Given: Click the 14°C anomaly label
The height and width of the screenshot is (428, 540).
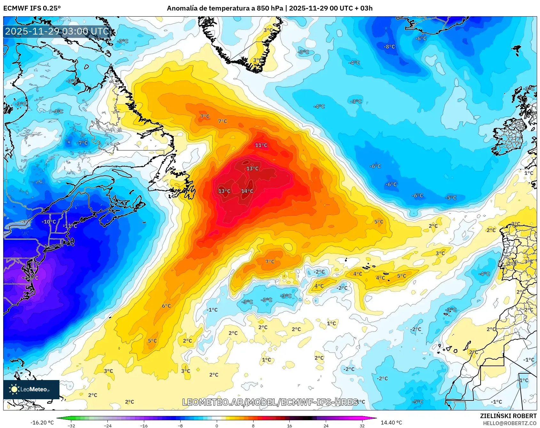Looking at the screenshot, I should click(x=247, y=191).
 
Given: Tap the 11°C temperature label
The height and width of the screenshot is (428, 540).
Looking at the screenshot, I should click(x=261, y=145).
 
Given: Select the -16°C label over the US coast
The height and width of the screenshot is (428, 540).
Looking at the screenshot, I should click(x=31, y=278).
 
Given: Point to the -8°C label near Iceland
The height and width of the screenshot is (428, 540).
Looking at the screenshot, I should click(x=389, y=47).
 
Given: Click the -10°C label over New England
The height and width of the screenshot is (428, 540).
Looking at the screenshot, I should click(x=49, y=222).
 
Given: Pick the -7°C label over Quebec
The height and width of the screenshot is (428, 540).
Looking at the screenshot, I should click(x=82, y=143).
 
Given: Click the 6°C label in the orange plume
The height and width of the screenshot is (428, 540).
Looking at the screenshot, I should click(x=166, y=306).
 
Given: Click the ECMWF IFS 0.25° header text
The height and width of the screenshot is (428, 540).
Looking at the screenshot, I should click(x=32, y=8).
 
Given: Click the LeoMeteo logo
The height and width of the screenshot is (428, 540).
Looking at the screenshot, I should click(x=31, y=389).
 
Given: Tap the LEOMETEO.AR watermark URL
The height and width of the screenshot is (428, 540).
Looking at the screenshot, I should click(x=270, y=402).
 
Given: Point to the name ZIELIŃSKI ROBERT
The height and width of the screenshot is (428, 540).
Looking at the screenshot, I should click(x=508, y=416).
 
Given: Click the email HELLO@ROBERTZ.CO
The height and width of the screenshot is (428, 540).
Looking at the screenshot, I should click(x=509, y=423).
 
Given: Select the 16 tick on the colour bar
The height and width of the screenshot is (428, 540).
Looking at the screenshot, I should click(x=289, y=425).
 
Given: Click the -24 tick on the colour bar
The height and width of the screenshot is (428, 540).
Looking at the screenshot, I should click(x=108, y=425).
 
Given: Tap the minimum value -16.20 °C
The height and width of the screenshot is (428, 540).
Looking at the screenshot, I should click(x=42, y=423).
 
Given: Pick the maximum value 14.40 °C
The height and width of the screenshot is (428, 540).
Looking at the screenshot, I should click(x=391, y=423).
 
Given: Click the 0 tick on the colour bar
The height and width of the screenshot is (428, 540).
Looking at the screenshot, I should click(x=217, y=425).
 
